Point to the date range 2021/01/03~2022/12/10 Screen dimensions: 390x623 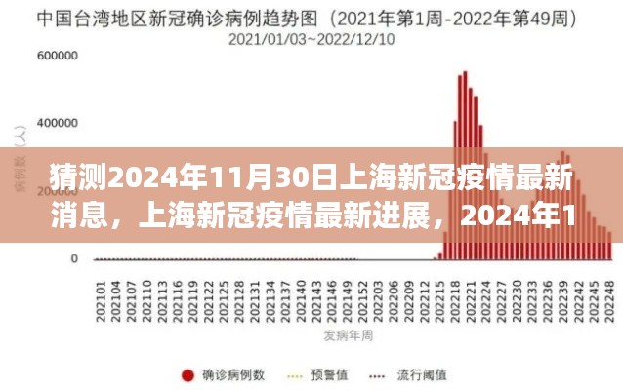[x=312, y=39]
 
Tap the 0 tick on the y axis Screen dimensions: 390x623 [x=74, y=258]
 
